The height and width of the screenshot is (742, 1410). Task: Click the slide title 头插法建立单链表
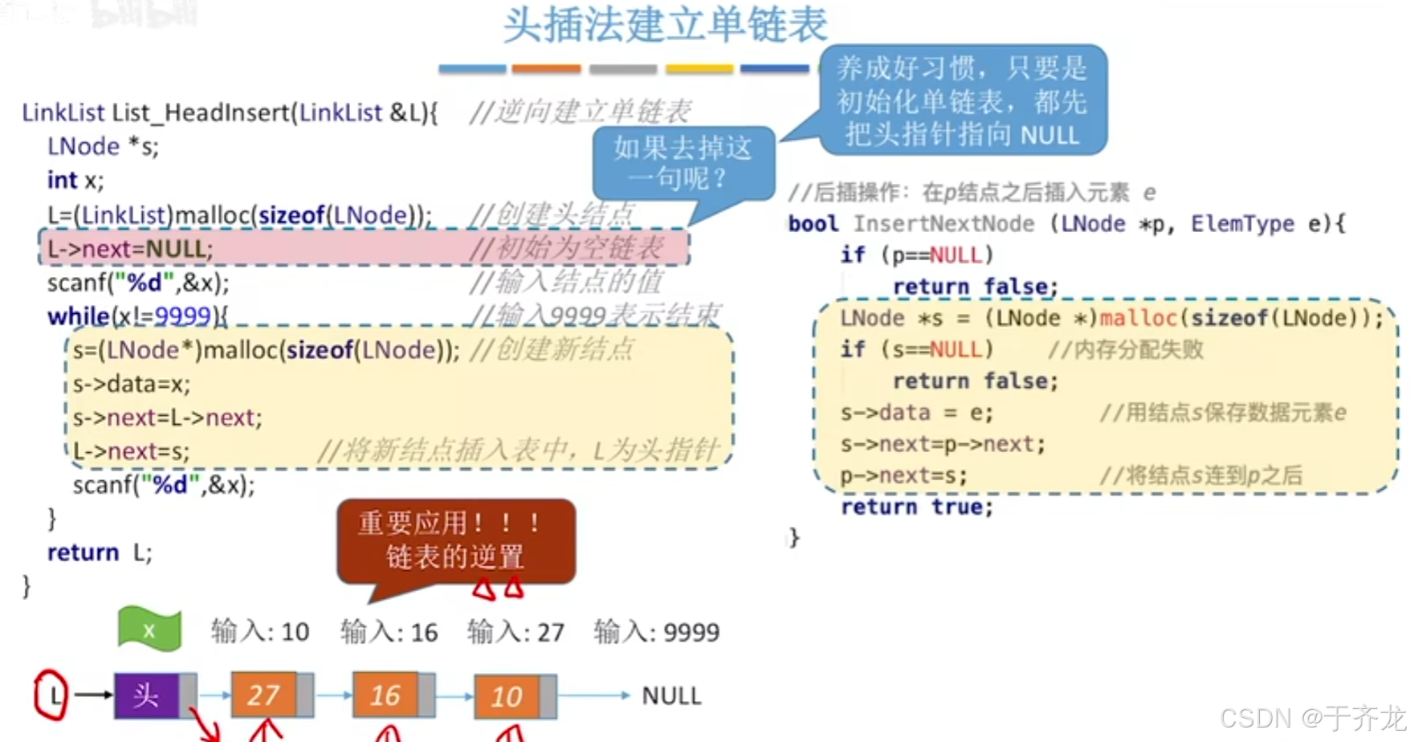point(665,25)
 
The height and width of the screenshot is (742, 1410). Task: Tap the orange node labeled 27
point(263,695)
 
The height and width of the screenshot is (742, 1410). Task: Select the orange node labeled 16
point(385,695)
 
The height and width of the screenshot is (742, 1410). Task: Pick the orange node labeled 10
point(506,695)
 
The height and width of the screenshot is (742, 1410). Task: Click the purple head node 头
point(146,695)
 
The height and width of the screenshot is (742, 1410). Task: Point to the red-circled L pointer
point(52,695)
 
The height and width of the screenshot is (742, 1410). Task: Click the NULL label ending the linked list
point(671,695)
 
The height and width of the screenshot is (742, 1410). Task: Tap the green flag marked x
point(149,630)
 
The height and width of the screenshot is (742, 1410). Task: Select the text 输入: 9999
point(656,632)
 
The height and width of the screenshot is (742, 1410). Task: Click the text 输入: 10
point(260,632)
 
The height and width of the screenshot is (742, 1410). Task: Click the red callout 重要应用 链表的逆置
point(455,540)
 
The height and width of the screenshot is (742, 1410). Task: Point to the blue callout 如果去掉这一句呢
point(683,163)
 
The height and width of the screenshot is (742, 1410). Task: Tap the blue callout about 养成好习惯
point(962,101)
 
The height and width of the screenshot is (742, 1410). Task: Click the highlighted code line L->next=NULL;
point(130,249)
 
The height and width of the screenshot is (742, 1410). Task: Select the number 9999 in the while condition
point(182,316)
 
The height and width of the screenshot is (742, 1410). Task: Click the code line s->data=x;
point(132,384)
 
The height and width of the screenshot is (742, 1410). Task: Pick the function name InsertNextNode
point(943,223)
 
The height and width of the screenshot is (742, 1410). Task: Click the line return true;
point(917,507)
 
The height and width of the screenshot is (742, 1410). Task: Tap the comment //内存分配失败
point(1125,349)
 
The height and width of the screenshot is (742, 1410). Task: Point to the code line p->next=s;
point(903,475)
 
